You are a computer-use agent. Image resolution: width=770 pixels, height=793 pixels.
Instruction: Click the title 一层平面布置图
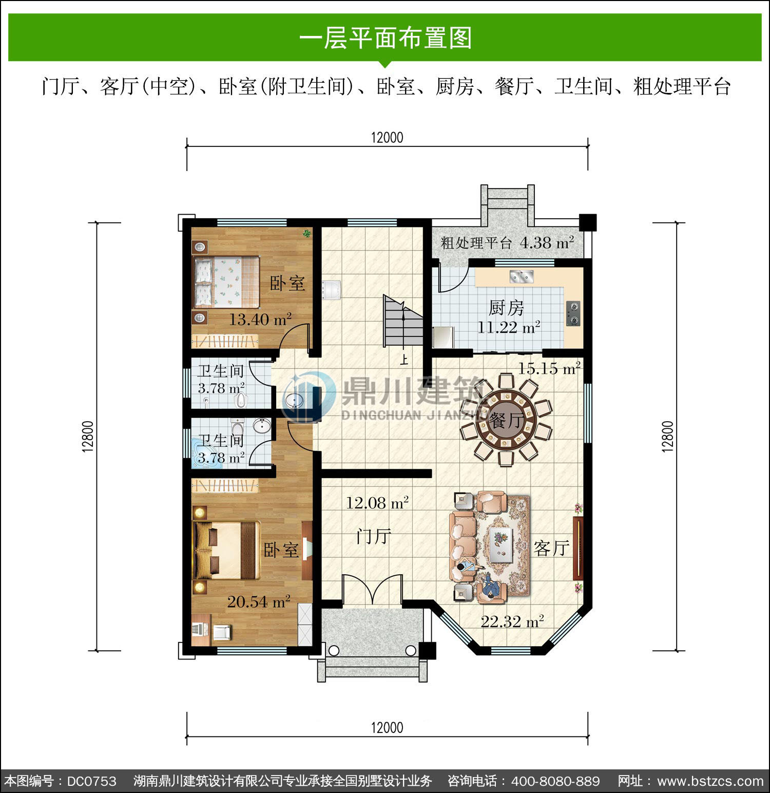(386, 39)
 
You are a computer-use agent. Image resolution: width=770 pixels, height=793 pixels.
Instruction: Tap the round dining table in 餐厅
(506, 420)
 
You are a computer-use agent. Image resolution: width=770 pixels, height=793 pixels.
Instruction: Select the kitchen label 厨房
(506, 308)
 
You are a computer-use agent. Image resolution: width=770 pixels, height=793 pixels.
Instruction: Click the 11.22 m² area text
(509, 327)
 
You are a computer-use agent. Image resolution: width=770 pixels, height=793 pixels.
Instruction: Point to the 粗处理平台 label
(476, 243)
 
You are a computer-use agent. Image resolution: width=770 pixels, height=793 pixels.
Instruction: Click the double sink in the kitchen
(522, 277)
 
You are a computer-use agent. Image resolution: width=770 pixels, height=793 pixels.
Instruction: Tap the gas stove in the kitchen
(573, 314)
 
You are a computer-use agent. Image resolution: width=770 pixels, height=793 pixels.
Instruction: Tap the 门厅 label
(374, 537)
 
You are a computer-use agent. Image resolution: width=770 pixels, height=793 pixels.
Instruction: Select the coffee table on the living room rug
(500, 546)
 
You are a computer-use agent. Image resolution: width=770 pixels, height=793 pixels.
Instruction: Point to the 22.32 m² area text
(512, 622)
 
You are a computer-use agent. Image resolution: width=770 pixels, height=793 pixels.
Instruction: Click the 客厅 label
(552, 548)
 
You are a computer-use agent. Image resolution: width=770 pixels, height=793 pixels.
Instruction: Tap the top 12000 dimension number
(387, 138)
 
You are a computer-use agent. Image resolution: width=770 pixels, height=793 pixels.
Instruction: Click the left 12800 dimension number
(88, 437)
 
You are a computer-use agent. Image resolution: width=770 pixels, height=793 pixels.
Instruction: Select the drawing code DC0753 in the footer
(92, 781)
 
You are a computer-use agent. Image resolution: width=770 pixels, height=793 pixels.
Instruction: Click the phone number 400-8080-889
(555, 781)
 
